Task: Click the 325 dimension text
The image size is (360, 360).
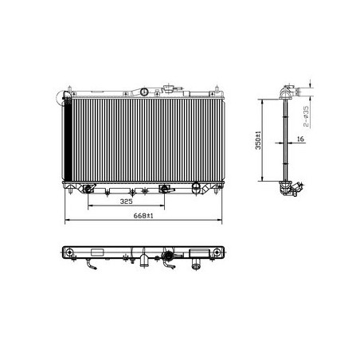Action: (x=126, y=202)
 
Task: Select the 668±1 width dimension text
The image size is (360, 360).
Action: (x=143, y=216)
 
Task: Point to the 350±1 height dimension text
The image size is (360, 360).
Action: (x=258, y=140)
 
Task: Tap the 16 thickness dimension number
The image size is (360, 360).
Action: (x=300, y=139)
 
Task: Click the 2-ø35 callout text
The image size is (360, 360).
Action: (x=306, y=116)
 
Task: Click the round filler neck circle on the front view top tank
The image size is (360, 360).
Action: (x=144, y=92)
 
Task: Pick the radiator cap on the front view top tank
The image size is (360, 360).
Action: (x=168, y=88)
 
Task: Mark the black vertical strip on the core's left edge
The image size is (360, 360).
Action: (x=68, y=139)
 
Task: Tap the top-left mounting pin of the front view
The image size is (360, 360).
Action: (x=69, y=90)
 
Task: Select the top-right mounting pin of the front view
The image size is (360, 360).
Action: (x=217, y=90)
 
